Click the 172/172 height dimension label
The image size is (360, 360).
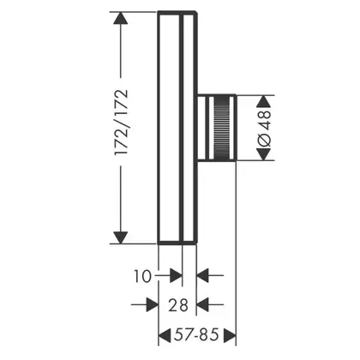coord(121,122)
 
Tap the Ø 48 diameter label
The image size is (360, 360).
coord(264,128)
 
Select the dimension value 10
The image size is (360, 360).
coord(142,276)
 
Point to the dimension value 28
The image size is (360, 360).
coord(178,305)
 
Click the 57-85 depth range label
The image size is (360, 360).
coord(196,334)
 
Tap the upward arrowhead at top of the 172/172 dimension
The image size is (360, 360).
coord(121,18)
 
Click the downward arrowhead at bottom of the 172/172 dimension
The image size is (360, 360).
coord(121,237)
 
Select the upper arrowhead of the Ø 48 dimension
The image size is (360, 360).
coord(264,101)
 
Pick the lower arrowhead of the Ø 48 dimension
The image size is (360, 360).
coord(264,154)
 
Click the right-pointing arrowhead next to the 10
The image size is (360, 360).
coord(176,276)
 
